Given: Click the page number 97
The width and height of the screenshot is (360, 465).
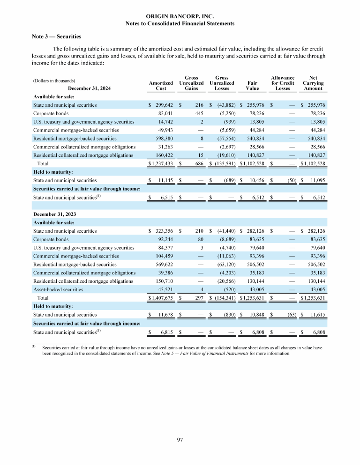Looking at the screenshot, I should coord(180,439).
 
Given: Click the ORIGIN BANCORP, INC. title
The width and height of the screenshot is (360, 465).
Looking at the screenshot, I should coord(180,16).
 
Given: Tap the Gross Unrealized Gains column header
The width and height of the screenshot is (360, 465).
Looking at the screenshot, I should coord(191,83).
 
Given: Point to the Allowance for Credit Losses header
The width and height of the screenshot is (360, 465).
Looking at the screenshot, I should coord(283,83).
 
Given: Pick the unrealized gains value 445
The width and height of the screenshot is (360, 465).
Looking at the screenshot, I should coord(198,113).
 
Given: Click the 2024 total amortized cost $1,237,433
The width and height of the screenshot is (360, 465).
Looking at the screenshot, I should coord(160,163).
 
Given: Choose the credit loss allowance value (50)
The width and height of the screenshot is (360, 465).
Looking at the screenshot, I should coord(289,180).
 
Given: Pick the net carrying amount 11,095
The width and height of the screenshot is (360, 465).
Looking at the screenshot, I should coord(315,180).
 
